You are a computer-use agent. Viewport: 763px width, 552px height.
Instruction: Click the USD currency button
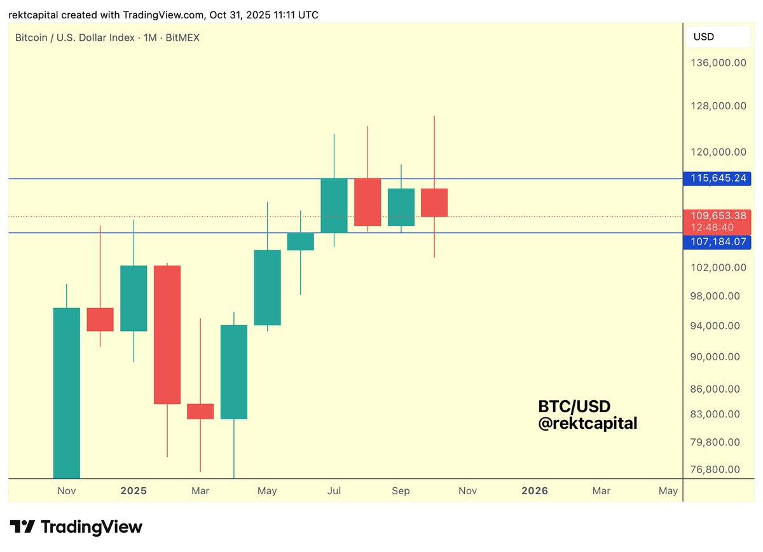[704, 37]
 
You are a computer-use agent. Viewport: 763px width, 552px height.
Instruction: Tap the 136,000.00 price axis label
[718, 62]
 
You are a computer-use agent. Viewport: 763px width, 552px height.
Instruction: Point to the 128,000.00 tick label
[718, 106]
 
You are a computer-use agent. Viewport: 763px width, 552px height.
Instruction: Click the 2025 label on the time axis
[134, 491]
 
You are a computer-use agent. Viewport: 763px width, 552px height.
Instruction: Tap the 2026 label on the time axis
[534, 491]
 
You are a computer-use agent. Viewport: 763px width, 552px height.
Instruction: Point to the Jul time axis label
[334, 491]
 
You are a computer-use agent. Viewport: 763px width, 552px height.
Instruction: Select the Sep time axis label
[401, 491]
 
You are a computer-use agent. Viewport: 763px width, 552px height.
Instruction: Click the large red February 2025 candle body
[167, 334]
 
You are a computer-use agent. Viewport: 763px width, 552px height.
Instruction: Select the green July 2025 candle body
[334, 205]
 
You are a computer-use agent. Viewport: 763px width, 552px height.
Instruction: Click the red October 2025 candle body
[434, 203]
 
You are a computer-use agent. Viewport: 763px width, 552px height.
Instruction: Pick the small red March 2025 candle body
[200, 411]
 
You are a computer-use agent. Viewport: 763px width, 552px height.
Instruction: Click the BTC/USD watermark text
[574, 407]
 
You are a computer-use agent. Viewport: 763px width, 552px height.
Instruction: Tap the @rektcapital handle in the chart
[588, 423]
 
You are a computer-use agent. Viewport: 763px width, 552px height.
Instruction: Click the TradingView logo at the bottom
[76, 527]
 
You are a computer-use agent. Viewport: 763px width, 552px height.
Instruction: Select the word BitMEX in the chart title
[182, 38]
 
